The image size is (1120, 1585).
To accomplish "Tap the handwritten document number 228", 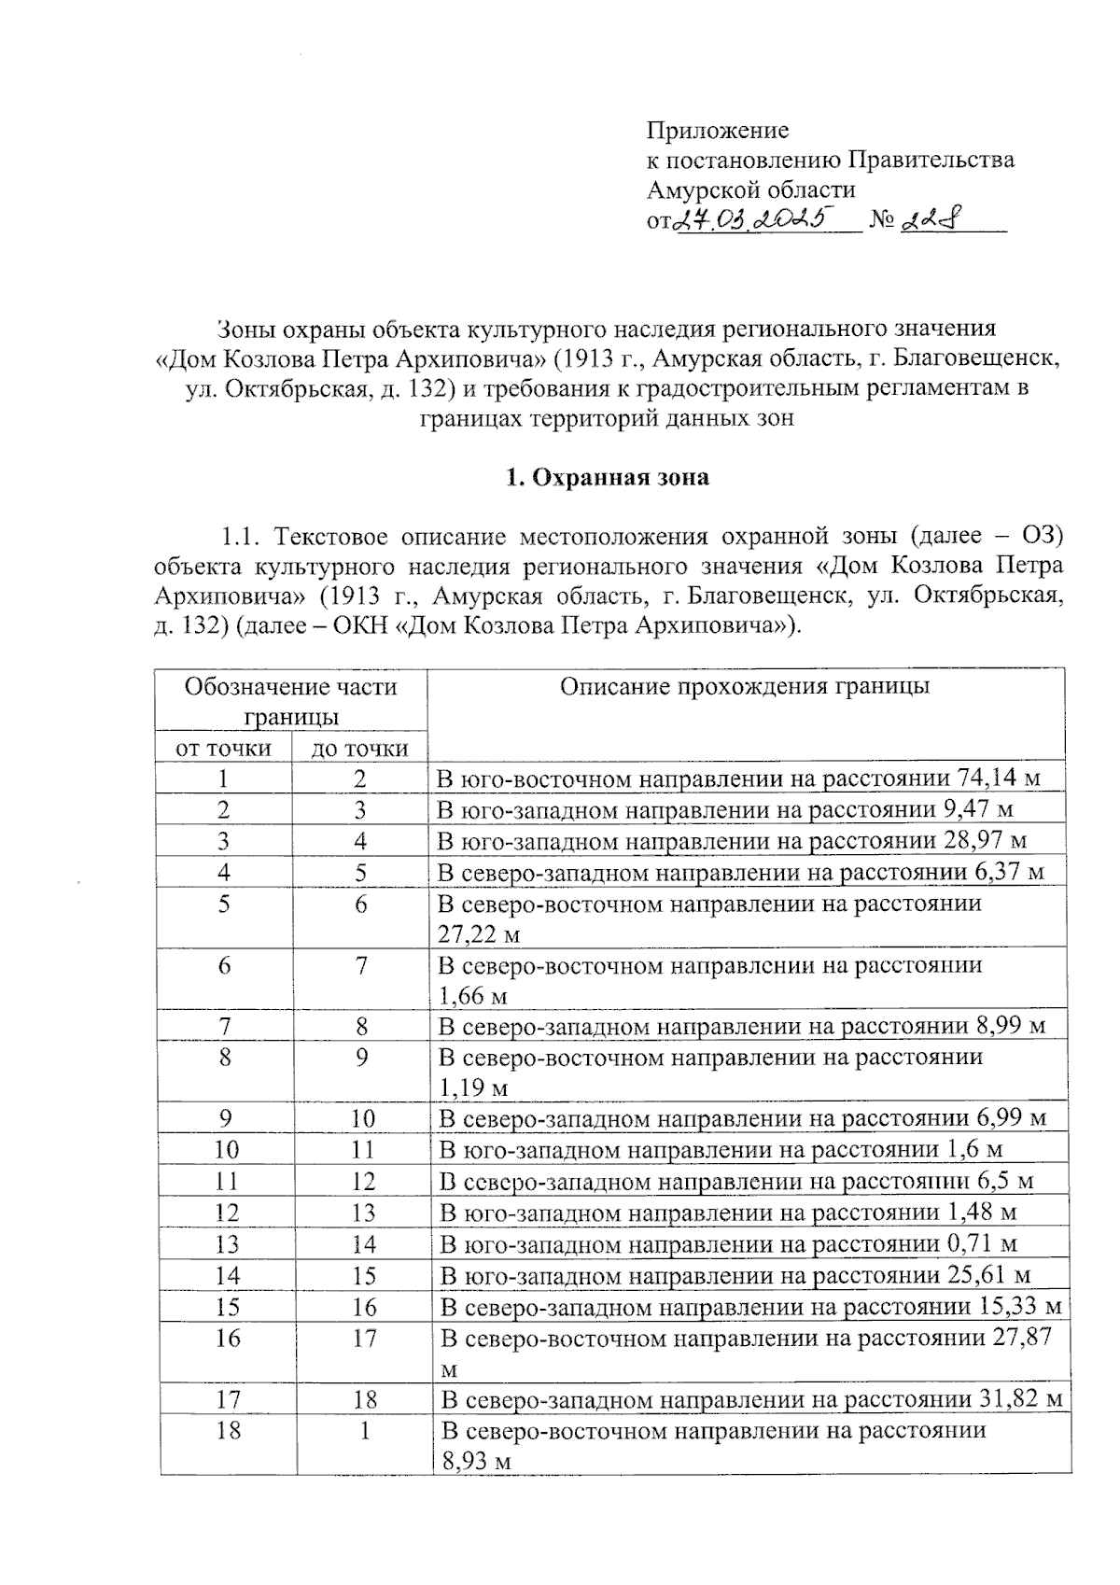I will tap(934, 220).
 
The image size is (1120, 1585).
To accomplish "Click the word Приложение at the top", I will tap(718, 130).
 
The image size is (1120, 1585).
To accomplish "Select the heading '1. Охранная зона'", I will tap(607, 478).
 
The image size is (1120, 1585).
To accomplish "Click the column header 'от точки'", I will tap(224, 748).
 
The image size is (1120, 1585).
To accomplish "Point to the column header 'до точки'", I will tap(360, 748).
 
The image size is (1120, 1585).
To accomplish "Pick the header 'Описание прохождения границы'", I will tap(745, 688).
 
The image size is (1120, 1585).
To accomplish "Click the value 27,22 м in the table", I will tap(479, 933).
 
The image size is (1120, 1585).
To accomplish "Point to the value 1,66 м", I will tap(472, 995).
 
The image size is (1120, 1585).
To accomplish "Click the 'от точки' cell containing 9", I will tap(225, 1118).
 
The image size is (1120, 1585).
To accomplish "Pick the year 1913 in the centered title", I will tap(587, 358).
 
